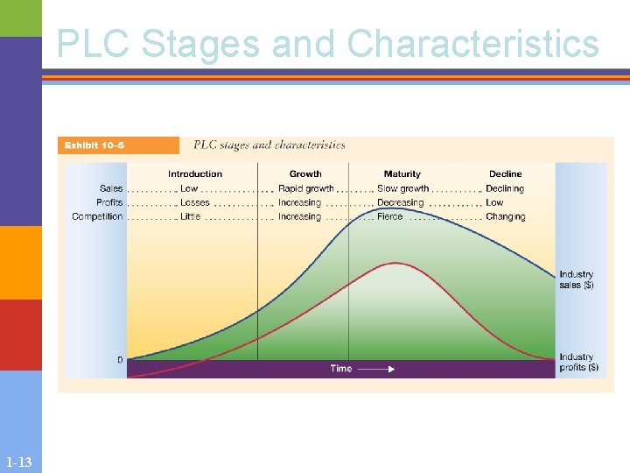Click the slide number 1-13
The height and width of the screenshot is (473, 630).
18,462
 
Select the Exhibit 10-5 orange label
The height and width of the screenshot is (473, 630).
94,145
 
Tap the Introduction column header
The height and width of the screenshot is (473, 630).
195,173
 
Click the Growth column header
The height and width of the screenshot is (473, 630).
305,173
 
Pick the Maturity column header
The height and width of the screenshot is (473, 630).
402,173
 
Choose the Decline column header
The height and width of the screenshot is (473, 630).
505,173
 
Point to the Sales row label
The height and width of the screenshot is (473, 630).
111,188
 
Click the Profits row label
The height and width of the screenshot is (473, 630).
109,202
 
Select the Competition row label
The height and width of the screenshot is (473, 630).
97,216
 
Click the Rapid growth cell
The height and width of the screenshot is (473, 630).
305,188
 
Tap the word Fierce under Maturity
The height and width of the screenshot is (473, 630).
390,216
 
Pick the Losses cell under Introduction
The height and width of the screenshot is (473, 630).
195,202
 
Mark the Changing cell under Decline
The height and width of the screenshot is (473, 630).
506,216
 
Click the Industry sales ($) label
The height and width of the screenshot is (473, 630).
577,279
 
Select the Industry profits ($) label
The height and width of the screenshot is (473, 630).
578,362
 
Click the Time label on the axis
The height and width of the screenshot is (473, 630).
341,369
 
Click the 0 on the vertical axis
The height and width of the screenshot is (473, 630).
120,360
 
